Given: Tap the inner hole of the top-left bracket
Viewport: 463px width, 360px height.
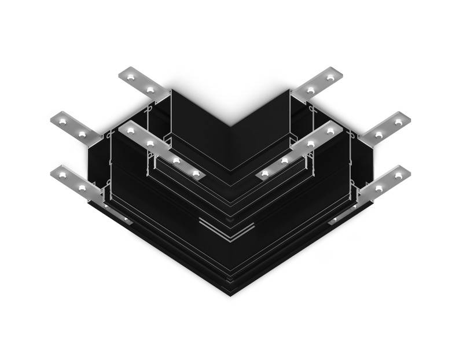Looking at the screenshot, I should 151,90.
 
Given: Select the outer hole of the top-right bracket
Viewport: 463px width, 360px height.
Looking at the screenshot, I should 330,76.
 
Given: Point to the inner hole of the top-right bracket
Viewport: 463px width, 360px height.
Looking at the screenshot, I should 311,90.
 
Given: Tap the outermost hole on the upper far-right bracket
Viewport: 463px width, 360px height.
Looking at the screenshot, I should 398,122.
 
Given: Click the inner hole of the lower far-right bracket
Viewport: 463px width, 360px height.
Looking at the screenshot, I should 379,188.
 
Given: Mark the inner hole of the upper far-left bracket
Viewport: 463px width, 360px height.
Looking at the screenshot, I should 82,134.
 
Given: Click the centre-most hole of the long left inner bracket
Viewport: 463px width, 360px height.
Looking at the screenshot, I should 197,173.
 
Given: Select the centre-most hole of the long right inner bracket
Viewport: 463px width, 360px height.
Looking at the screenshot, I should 265,173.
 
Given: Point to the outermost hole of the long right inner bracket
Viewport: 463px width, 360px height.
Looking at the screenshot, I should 330,131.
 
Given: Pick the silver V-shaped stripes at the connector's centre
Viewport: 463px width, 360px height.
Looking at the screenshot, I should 227,230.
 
